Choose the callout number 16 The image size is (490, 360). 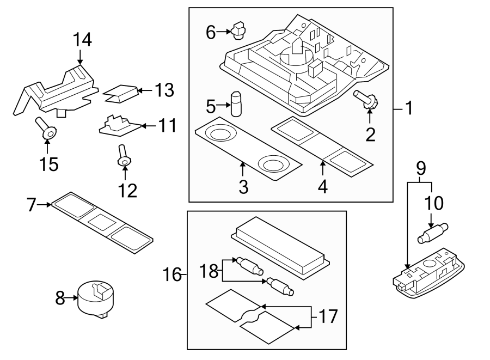pyautogui.click(x=173, y=274)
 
